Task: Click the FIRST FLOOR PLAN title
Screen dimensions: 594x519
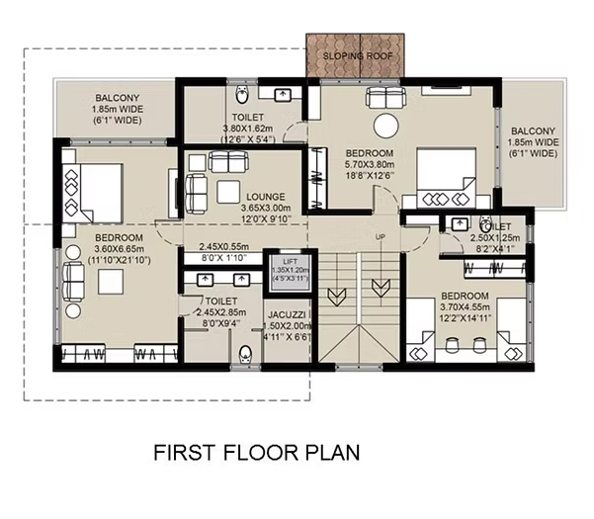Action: point(256,453)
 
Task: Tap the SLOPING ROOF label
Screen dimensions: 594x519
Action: point(358,56)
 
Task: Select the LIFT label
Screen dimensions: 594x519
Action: point(291,261)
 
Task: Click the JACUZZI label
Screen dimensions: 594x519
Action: point(287,314)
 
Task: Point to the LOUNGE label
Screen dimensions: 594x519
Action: point(266,197)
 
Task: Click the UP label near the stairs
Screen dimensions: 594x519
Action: point(381,237)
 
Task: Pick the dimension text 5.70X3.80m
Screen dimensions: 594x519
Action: point(370,165)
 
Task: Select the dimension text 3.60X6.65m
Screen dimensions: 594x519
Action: point(119,249)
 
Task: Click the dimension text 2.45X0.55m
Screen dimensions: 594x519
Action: point(224,247)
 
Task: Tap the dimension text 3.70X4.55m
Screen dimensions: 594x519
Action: point(465,307)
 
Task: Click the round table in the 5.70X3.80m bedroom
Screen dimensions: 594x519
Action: point(386,126)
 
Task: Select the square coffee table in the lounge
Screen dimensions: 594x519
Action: point(228,192)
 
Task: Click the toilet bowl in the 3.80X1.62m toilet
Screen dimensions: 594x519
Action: point(241,94)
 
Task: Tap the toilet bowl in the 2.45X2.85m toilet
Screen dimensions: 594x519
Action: point(245,355)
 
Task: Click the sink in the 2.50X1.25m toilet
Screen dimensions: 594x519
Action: point(460,223)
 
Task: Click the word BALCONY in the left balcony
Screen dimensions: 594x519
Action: point(117,98)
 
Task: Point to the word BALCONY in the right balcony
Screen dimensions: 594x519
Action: point(533,131)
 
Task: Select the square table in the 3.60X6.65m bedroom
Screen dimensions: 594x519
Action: point(111,282)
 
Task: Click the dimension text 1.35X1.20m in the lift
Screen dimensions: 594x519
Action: point(291,270)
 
